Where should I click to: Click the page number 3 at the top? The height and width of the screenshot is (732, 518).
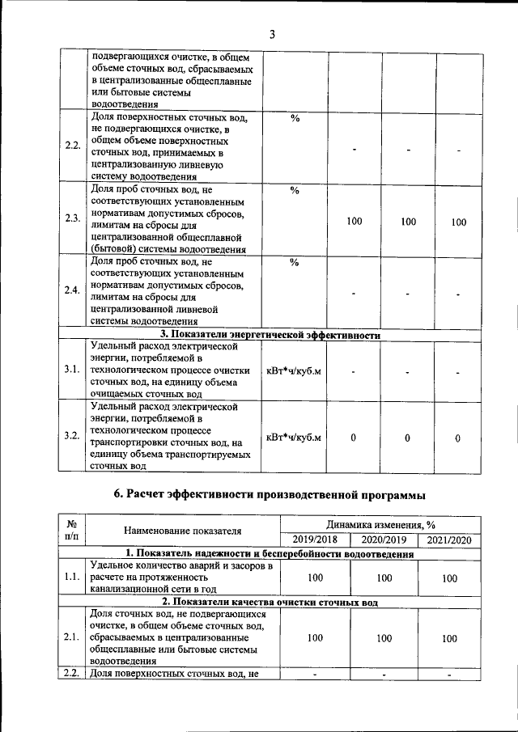coord(273,34)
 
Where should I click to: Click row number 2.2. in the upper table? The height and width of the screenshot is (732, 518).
coord(73,146)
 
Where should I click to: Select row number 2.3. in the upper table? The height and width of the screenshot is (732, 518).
coord(73,219)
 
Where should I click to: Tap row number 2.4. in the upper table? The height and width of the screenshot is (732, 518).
coord(73,291)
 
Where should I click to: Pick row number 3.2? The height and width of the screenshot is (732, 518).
coord(73,437)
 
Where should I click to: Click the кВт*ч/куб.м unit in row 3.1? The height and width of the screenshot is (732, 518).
coord(294,370)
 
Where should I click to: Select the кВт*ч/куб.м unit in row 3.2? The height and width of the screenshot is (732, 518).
coord(294,437)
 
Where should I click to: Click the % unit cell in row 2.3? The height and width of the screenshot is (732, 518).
coord(295,191)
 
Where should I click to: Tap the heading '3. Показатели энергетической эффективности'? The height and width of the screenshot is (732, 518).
coord(270,334)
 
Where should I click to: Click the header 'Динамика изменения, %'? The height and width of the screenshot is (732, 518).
coord(381,525)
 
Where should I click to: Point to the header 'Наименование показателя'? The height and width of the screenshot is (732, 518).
coord(183,531)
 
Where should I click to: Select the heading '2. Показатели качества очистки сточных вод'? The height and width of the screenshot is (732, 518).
coord(270,602)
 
